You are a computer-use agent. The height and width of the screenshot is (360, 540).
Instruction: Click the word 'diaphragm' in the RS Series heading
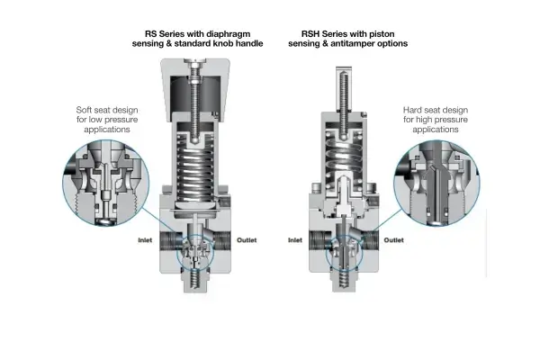pos(228,34)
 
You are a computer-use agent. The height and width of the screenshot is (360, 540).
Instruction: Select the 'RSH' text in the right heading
pos(310,34)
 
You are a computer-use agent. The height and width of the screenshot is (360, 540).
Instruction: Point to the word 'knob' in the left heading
pos(224,44)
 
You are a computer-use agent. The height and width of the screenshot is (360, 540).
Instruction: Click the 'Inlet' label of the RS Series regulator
pos(145,240)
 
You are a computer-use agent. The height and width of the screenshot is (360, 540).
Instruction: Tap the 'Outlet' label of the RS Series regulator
pos(247,240)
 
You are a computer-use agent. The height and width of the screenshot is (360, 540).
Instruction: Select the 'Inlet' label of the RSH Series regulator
pos(295,240)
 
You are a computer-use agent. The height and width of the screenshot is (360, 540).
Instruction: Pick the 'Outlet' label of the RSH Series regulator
pos(393,240)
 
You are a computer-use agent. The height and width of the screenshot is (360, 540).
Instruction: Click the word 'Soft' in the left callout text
pos(84,110)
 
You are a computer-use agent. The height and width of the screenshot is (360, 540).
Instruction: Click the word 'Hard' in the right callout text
pos(411,110)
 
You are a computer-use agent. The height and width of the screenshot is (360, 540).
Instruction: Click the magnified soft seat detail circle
pos(106,183)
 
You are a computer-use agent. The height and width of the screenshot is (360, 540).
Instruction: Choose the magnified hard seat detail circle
pos(436,183)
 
